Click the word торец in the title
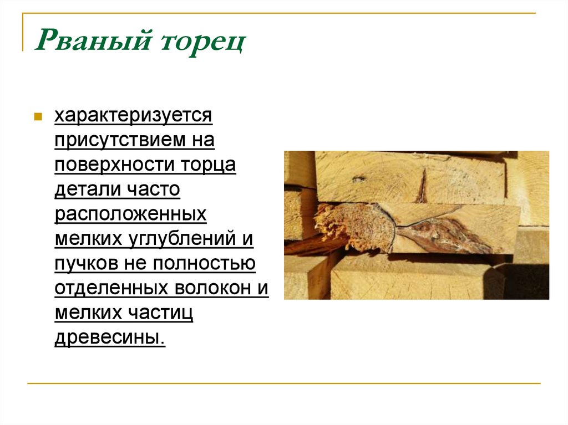pos(202,43)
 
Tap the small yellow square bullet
pos(38,117)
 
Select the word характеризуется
pos(133,116)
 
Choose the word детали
pos(83,190)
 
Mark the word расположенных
pos(130,214)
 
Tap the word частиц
pos(161,313)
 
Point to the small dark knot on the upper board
pos(358,180)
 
